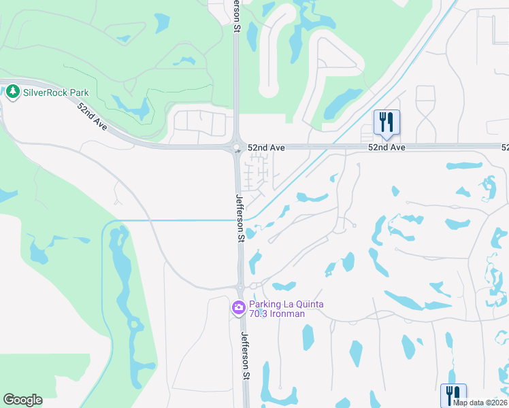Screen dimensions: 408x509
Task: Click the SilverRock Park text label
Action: [55, 92]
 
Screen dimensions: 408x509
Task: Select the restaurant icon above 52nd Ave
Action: [387, 123]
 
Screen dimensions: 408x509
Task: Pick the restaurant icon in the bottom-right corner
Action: [453, 395]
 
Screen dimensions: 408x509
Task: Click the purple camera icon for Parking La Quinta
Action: [238, 308]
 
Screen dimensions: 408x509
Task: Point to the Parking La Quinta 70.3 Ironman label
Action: [286, 309]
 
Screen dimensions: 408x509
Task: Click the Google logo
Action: [22, 400]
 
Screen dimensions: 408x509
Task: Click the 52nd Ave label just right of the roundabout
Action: [265, 147]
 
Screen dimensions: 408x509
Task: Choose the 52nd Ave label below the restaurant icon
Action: [387, 147]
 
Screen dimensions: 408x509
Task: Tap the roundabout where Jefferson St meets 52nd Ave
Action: [237, 148]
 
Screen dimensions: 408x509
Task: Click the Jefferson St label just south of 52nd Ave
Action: [240, 218]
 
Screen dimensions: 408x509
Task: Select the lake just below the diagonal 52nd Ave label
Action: [132, 107]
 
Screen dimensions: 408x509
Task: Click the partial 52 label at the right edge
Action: [505, 147]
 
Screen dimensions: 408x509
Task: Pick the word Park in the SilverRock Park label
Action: [83, 92]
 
